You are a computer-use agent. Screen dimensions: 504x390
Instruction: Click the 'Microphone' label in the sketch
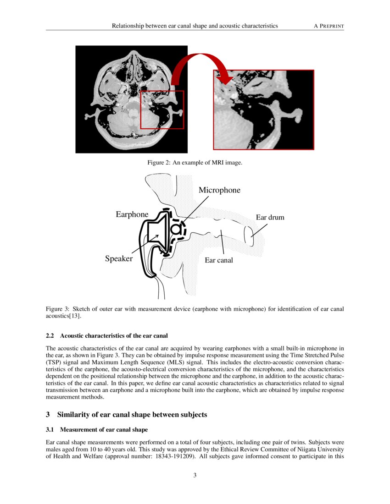pyautogui.click(x=219, y=190)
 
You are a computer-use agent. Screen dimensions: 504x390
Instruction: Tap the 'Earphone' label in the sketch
pyautogui.click(x=132, y=214)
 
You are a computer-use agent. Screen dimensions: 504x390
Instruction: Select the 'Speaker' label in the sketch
pyautogui.click(x=118, y=259)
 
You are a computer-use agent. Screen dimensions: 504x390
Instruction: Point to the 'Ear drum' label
pyautogui.click(x=270, y=217)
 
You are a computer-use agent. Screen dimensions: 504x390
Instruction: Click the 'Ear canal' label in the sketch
pyautogui.click(x=218, y=260)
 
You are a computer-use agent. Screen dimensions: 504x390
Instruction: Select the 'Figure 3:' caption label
pyautogui.click(x=58, y=309)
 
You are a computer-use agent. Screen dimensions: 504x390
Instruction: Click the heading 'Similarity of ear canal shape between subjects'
pyautogui.click(x=132, y=415)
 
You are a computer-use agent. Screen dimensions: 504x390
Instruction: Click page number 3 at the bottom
pyautogui.click(x=195, y=475)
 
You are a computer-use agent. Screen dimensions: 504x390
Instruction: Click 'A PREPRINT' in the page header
pyautogui.click(x=329, y=26)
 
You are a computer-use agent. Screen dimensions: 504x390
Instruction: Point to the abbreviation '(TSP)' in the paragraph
pyautogui.click(x=54, y=362)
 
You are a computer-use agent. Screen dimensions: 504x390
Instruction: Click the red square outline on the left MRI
pyautogui.click(x=140, y=110)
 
